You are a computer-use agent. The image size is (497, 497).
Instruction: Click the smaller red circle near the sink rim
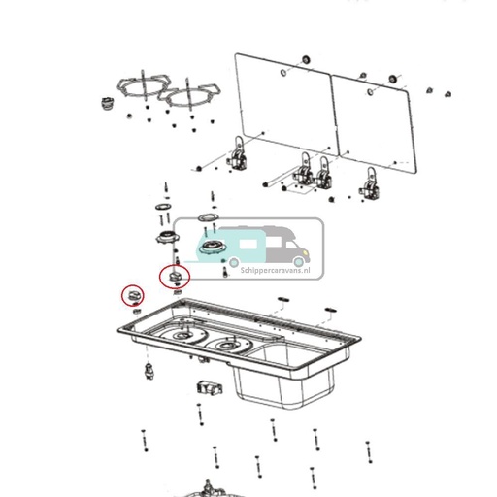click(x=132, y=294)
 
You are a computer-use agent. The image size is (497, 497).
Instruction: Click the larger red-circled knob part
click(x=176, y=278)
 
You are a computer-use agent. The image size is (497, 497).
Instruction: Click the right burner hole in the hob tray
click(x=230, y=346)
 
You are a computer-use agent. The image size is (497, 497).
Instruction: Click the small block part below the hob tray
click(x=209, y=387)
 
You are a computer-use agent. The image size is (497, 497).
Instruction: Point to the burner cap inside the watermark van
click(x=214, y=248)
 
